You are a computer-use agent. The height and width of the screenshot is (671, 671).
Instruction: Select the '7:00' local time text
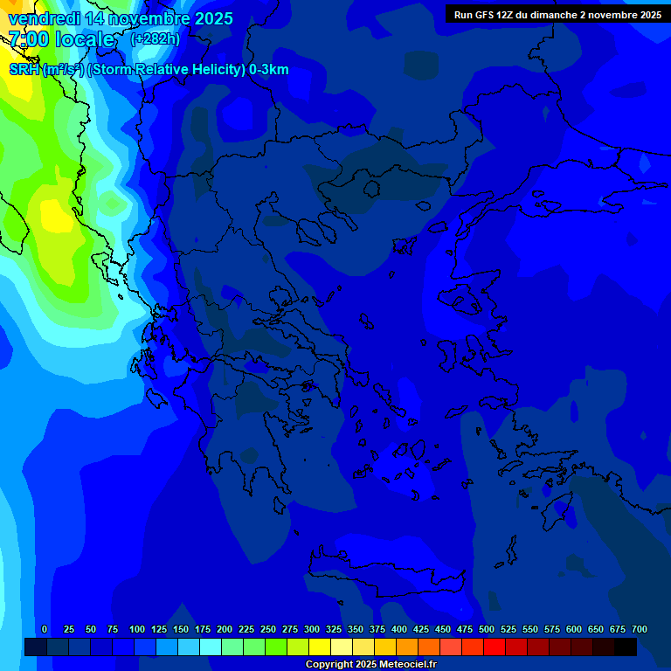pyautogui.click(x=28, y=39)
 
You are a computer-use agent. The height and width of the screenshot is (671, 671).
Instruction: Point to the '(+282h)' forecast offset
pyautogui.click(x=155, y=39)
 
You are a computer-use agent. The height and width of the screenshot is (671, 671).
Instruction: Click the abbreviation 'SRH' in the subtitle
pyautogui.click(x=24, y=70)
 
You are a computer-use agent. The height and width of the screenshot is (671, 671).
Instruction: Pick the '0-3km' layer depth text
pyautogui.click(x=268, y=70)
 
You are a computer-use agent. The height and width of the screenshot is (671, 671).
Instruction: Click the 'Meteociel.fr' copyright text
pyautogui.click(x=404, y=665)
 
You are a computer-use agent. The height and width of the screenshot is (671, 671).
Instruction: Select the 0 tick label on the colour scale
pyautogui.click(x=45, y=629)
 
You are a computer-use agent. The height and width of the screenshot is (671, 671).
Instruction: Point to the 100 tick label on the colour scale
pyautogui.click(x=137, y=629)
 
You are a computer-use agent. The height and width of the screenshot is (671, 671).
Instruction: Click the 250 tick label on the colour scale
pyautogui.click(x=268, y=629)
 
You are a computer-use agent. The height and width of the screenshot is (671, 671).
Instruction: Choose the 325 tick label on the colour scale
pyautogui.click(x=334, y=629)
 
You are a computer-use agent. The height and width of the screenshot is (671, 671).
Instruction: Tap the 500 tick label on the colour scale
pyautogui.click(x=487, y=629)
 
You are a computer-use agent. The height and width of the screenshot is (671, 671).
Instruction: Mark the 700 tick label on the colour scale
pyautogui.click(x=640, y=629)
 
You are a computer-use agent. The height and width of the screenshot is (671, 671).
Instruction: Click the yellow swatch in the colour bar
pyautogui.click(x=320, y=647)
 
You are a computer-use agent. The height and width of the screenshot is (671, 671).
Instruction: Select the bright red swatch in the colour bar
pyautogui.click(x=495, y=647)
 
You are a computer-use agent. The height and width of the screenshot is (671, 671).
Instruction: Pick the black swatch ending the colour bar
pyautogui.click(x=626, y=647)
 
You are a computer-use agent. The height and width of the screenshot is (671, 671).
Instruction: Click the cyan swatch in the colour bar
pyautogui.click(x=211, y=647)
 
